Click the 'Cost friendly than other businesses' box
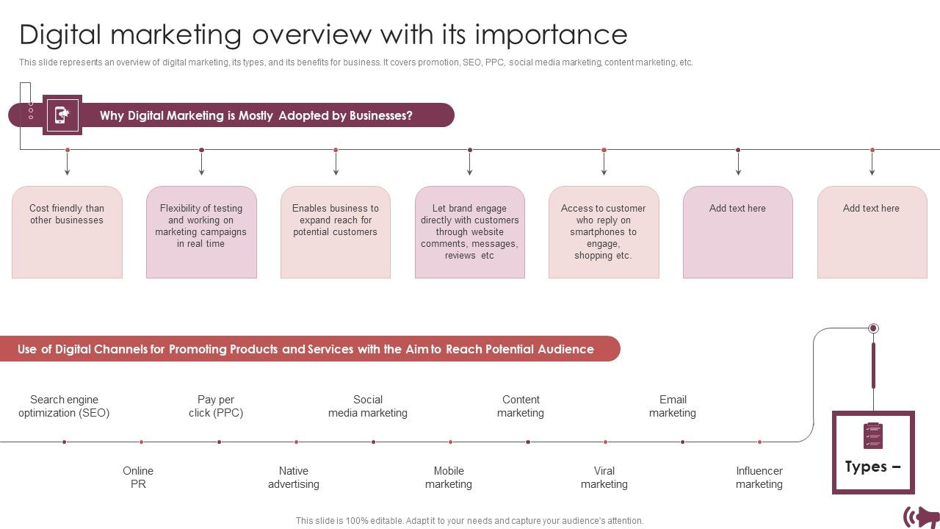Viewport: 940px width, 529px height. tap(67, 232)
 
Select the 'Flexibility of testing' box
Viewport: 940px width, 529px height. tap(201, 232)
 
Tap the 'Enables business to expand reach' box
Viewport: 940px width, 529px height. tap(336, 232)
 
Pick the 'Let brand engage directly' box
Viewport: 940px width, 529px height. tap(470, 232)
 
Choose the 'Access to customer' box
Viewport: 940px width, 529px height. tap(604, 232)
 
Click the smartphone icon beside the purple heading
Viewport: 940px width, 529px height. tap(62, 115)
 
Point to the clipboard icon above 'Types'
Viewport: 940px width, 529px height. tap(873, 436)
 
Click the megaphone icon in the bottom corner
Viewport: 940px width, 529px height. tap(922, 517)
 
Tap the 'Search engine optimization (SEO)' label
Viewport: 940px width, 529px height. tap(64, 406)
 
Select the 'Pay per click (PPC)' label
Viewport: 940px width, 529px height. tap(216, 406)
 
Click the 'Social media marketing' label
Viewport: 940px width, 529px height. tap(368, 406)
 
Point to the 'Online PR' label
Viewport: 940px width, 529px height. tap(138, 478)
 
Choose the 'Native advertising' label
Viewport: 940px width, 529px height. tap(294, 478)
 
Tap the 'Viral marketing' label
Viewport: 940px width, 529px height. tap(604, 478)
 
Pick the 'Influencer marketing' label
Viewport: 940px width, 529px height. tap(759, 478)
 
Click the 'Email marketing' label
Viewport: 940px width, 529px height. tap(673, 406)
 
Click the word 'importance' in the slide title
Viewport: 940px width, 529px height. tap(552, 35)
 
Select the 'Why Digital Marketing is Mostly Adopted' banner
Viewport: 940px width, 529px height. tap(256, 115)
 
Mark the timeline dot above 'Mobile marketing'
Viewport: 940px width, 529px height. tap(451, 442)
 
